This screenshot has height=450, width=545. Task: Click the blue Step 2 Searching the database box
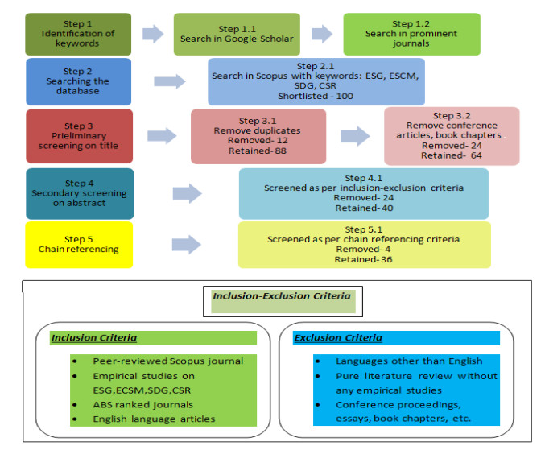point(77,81)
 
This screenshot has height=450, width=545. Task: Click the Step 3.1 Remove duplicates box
point(258,135)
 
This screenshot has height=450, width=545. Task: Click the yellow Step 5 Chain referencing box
point(77,244)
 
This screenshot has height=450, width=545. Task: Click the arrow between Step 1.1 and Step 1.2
point(321,33)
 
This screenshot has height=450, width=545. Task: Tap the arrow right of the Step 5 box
point(187,244)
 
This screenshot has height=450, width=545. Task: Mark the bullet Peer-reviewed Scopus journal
point(167,361)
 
